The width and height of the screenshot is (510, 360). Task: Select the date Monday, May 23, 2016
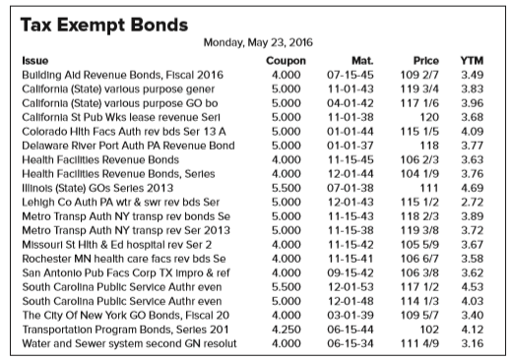click(256, 42)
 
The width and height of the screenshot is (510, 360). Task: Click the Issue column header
click(35, 60)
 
